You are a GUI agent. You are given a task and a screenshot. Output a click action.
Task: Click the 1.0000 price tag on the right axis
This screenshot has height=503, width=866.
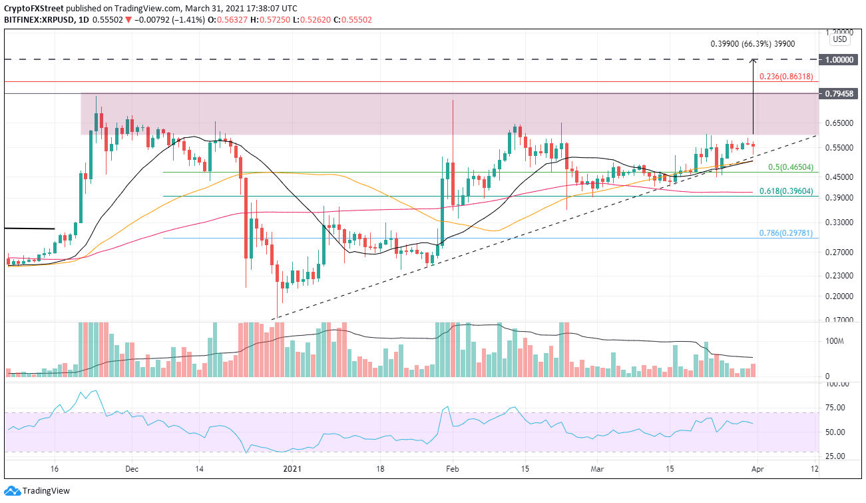tap(841, 59)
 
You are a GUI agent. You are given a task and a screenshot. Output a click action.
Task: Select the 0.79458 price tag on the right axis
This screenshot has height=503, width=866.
tap(841, 94)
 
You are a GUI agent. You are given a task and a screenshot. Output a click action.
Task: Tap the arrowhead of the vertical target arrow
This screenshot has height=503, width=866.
tap(753, 61)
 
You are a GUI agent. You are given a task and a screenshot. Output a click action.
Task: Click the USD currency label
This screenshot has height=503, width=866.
tap(841, 39)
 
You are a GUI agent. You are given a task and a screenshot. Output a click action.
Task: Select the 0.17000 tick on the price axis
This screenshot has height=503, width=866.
tap(840, 320)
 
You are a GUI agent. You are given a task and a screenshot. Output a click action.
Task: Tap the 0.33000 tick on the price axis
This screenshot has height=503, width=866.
tap(840, 222)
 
